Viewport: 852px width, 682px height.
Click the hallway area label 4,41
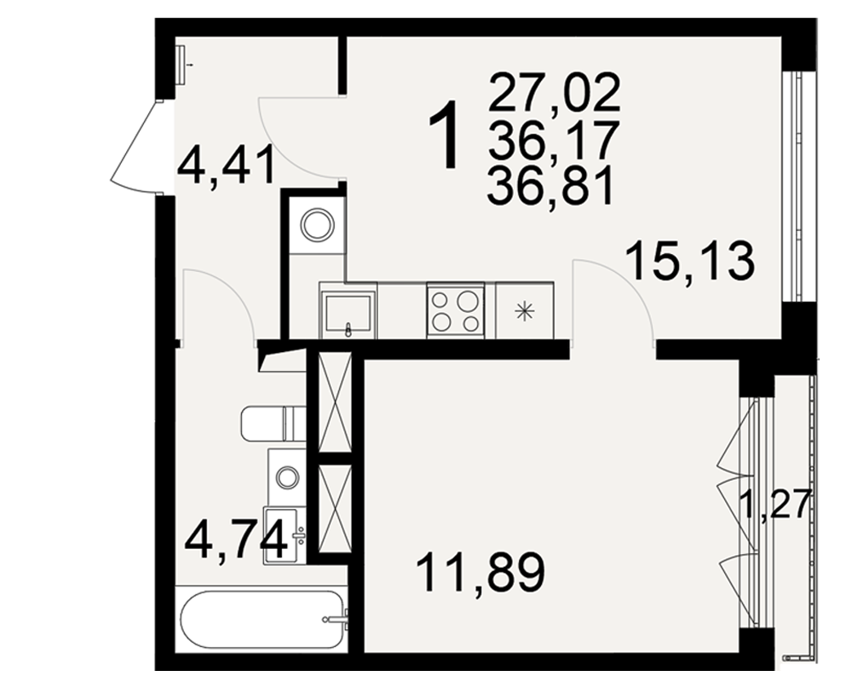click(x=226, y=168)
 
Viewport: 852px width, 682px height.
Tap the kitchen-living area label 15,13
click(x=691, y=261)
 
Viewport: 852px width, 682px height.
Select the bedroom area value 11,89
click(x=481, y=574)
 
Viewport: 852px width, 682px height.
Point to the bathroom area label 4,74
click(x=236, y=540)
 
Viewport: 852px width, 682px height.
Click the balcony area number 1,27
click(x=776, y=504)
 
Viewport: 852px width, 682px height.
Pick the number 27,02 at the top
click(x=555, y=92)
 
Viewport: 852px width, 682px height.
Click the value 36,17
click(x=554, y=139)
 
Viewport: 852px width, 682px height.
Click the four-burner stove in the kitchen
click(x=456, y=310)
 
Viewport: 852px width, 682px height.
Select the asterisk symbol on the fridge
click(x=524, y=312)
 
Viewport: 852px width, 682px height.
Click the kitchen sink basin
click(x=348, y=312)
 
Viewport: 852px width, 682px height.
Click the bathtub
click(x=262, y=619)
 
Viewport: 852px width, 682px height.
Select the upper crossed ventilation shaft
click(x=335, y=402)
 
